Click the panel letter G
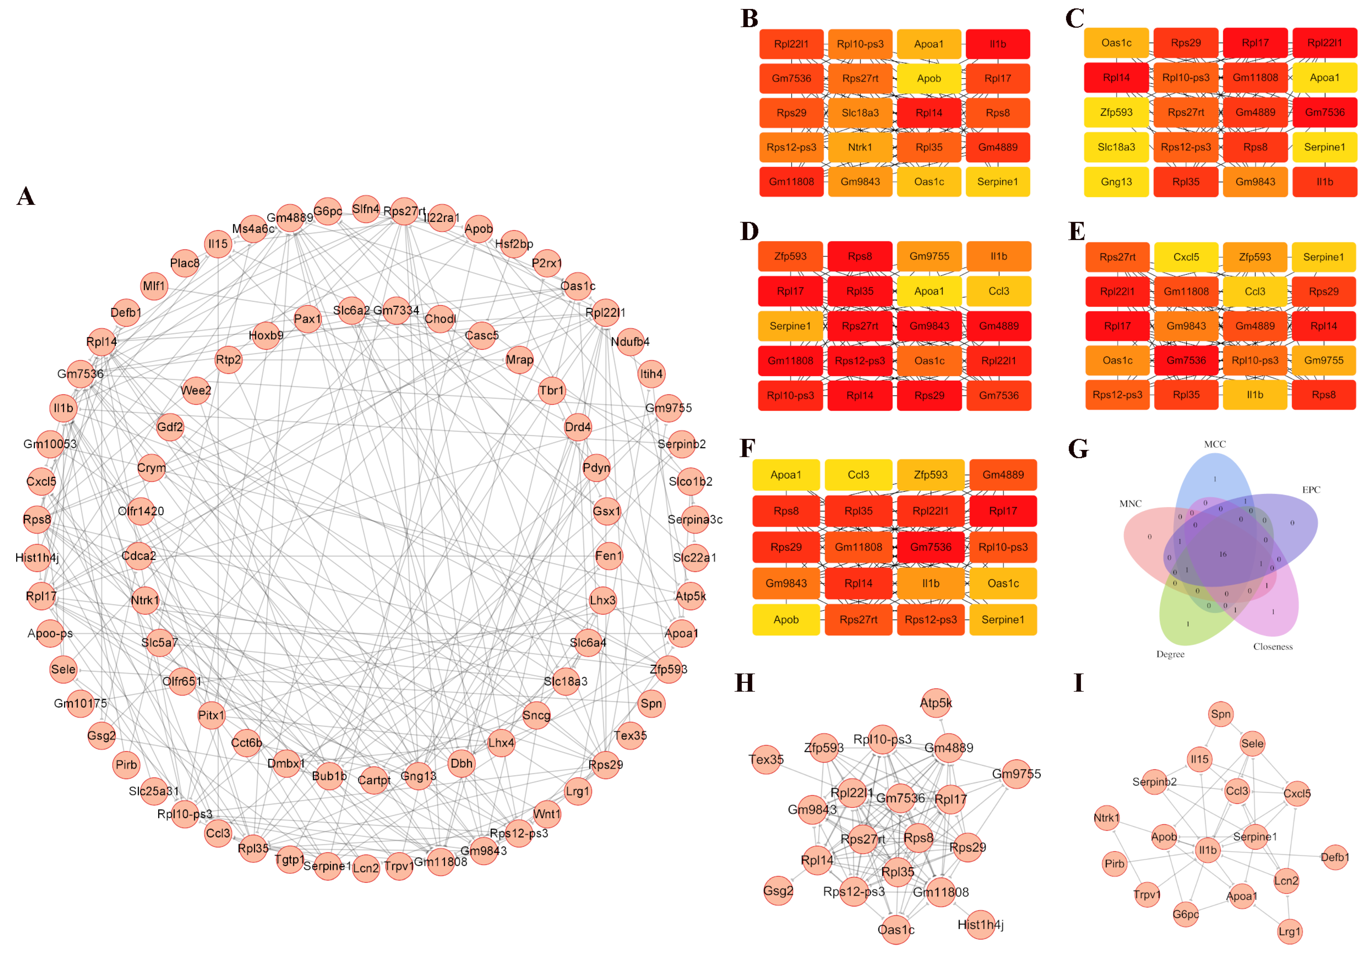click(x=1078, y=449)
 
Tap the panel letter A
click(x=26, y=196)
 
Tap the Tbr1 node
click(x=551, y=391)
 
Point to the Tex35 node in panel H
click(x=766, y=760)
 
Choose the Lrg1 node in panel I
click(x=1289, y=932)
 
